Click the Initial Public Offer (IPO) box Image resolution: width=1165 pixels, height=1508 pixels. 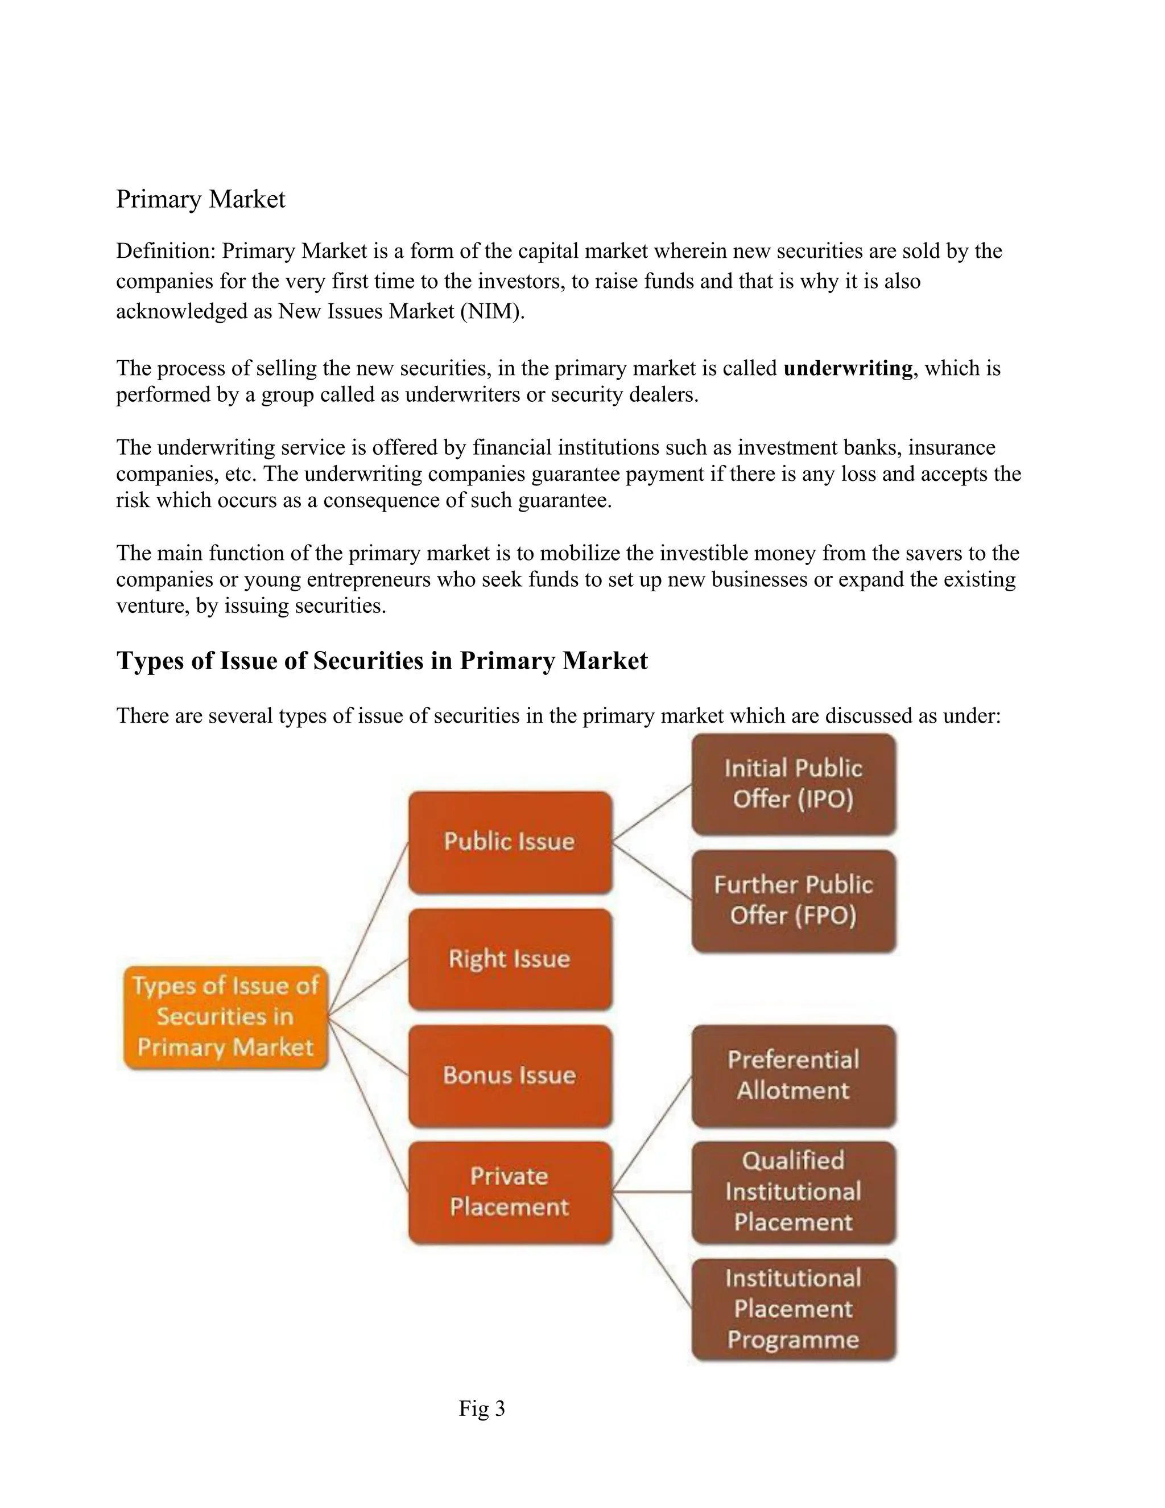coord(794,784)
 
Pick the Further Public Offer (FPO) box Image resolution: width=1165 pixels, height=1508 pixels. coord(794,900)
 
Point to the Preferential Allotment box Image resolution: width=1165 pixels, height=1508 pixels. coord(794,1075)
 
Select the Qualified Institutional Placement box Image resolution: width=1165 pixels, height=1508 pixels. coord(794,1192)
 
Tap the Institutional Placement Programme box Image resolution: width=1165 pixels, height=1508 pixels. coord(794,1309)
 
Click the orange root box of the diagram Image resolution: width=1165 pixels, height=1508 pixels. coord(225,1017)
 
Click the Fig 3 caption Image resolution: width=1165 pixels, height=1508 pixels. coord(482,1408)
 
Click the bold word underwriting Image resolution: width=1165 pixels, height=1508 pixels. coord(848,368)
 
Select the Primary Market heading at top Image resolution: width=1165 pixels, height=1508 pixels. coord(200,200)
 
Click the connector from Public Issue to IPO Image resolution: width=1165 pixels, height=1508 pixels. coord(652,813)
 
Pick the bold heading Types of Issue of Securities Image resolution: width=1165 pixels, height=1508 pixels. coord(382,661)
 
